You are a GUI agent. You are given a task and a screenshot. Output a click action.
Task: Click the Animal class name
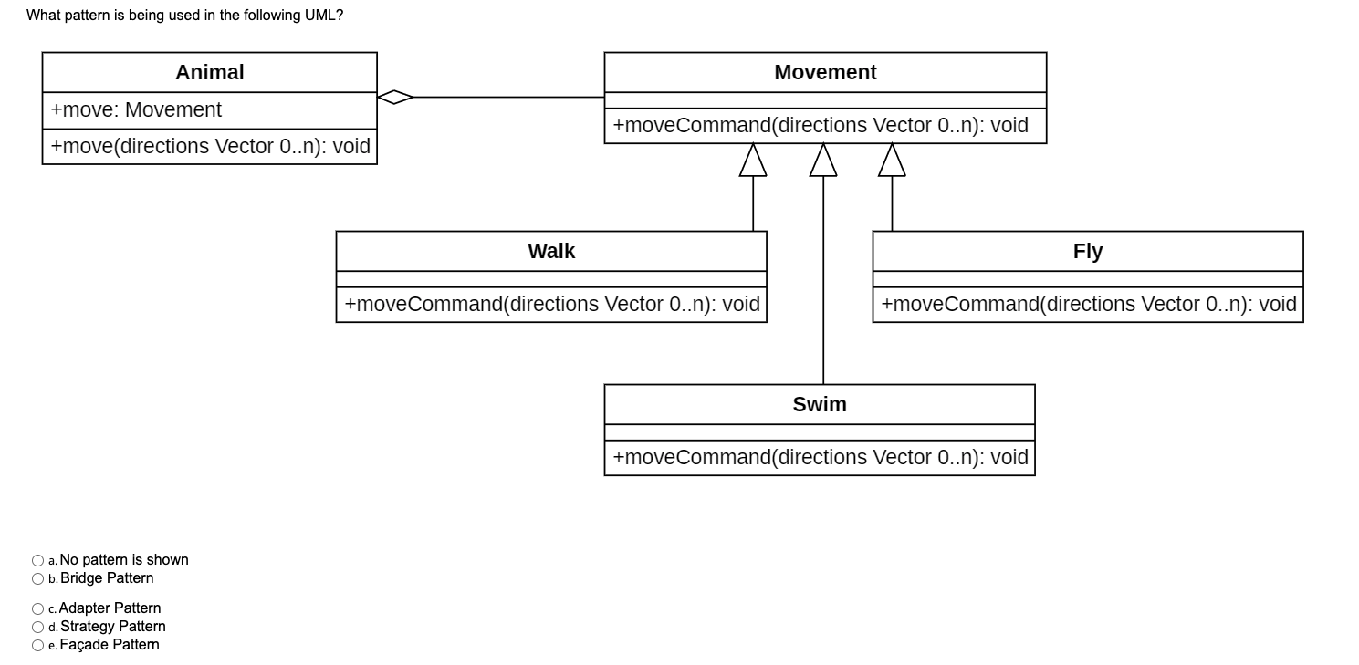pos(209,73)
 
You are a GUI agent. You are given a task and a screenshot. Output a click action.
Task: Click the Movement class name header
pos(825,73)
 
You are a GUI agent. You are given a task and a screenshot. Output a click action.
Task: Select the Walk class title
pos(551,252)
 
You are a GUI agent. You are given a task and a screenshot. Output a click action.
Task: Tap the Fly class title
pos(1087,252)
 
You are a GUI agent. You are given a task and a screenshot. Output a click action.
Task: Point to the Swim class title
pos(819,405)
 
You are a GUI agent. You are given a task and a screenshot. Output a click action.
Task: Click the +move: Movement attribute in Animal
pos(136,110)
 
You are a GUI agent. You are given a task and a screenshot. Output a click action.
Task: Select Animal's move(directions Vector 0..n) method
pos(210,147)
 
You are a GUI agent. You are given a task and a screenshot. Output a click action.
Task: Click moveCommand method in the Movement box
pos(820,126)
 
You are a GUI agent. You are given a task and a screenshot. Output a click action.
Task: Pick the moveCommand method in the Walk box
pos(551,305)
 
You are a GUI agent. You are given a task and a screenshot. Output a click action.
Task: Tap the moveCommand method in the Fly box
pos(1088,305)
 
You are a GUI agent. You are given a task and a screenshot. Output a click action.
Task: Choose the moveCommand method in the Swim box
pos(820,458)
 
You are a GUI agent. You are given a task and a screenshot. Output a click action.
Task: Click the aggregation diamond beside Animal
pos(395,97)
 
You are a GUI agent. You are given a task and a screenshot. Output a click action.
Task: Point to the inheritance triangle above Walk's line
pos(753,161)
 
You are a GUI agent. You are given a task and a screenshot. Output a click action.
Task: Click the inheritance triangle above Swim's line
pos(823,161)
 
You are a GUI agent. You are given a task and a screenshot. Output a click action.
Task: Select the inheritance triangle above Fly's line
pos(892,161)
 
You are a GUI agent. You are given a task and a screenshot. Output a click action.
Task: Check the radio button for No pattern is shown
pos(37,560)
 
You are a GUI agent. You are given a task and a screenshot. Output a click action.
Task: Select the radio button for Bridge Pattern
pos(37,578)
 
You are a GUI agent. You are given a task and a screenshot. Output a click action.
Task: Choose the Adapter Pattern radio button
pos(37,608)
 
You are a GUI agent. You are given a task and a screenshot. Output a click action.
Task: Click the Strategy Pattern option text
pos(112,627)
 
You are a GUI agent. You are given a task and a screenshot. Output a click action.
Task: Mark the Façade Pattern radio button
pos(37,645)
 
